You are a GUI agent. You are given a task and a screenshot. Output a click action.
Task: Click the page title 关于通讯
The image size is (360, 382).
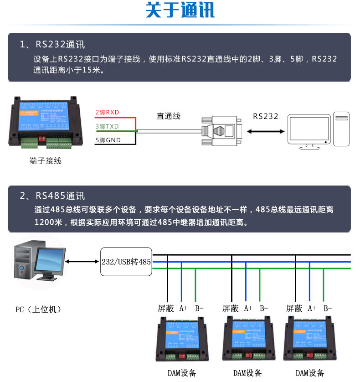[x=180, y=11]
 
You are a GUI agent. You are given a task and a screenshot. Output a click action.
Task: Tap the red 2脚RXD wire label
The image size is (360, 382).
[x=107, y=112]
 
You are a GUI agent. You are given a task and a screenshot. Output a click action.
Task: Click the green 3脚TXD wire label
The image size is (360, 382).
[x=107, y=126]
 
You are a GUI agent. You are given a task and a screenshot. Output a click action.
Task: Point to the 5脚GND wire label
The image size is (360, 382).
[x=108, y=140]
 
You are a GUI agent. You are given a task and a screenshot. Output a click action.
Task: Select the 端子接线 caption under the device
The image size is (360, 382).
[x=45, y=161]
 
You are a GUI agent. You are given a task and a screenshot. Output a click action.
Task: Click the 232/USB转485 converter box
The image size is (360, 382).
[x=126, y=262]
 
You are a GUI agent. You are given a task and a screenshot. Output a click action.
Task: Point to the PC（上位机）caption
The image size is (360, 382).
[x=38, y=310]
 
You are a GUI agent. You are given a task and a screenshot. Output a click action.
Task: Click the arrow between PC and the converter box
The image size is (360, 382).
[x=82, y=262]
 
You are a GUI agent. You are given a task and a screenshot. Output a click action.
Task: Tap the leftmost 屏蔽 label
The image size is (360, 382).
[x=166, y=309]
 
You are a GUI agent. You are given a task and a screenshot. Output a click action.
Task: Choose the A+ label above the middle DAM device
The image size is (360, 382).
[x=248, y=309]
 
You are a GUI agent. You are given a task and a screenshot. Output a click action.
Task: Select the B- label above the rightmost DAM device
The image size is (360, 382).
[x=327, y=309]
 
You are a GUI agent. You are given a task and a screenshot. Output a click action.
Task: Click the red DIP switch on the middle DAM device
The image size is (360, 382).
[x=249, y=354]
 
